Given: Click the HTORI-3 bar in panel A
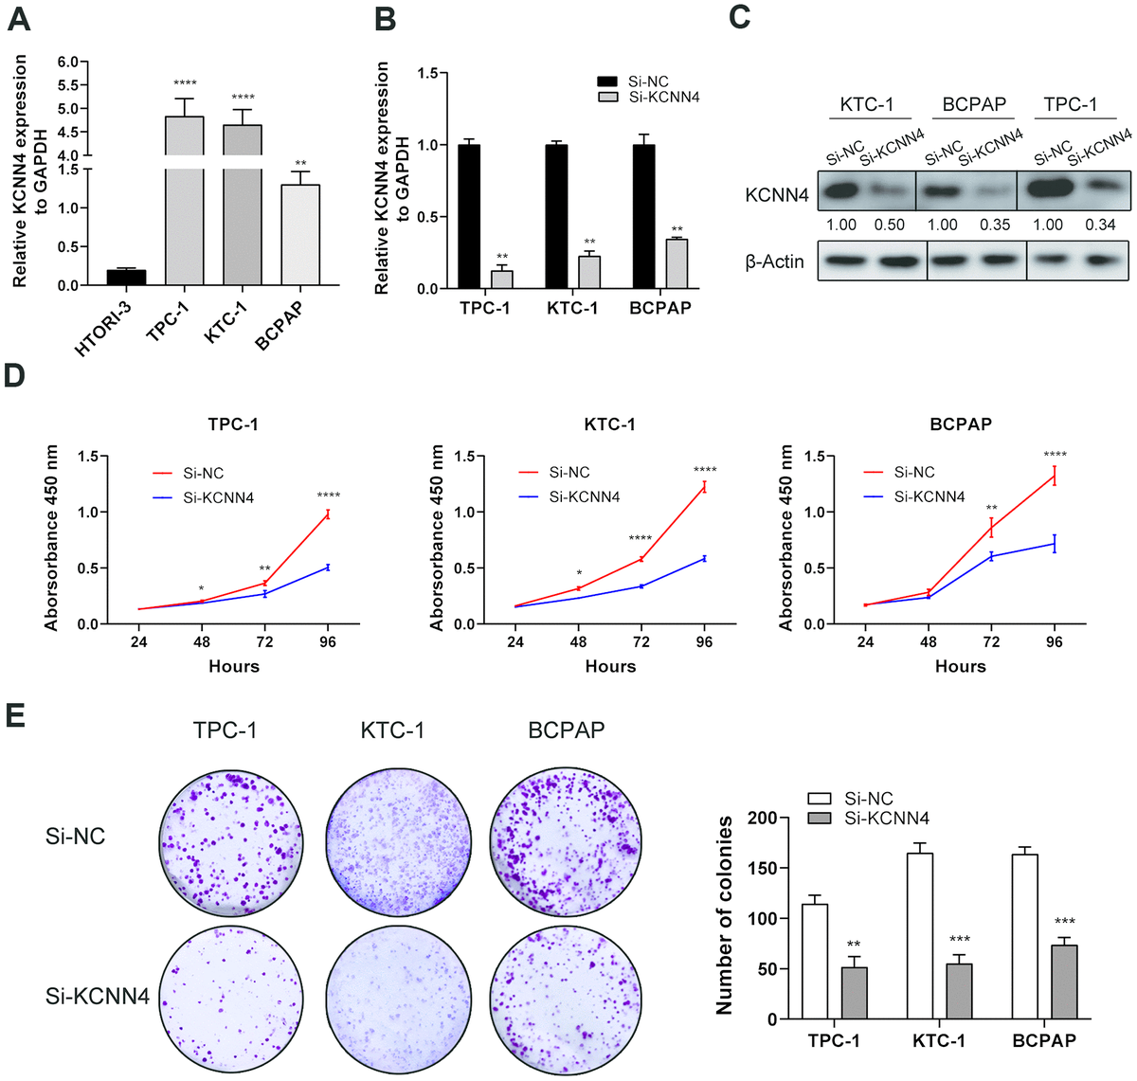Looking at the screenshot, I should click(126, 277).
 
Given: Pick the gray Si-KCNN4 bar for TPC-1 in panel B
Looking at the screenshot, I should click(502, 279).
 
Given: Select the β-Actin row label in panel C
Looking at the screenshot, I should click(774, 261).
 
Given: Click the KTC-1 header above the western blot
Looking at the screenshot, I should click(866, 104).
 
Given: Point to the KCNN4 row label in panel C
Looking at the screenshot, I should click(777, 195).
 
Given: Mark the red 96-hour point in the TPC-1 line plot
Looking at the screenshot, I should click(328, 513).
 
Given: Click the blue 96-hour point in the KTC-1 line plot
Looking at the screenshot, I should click(704, 558).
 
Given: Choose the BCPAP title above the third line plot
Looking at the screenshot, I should click(960, 423).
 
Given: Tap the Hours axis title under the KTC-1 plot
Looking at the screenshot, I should click(610, 666).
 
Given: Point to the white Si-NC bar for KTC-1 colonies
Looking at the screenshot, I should click(920, 936).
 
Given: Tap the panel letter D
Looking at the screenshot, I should click(15, 375).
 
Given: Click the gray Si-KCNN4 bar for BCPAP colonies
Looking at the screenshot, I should click(1064, 982).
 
